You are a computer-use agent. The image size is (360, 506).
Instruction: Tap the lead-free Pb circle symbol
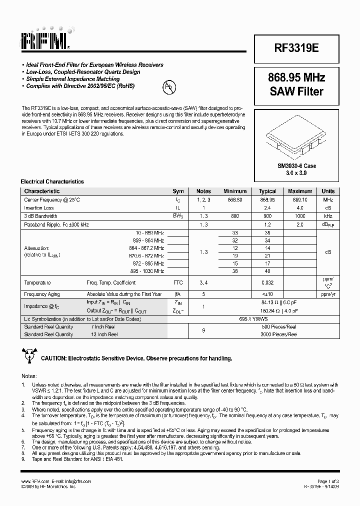point(169,88)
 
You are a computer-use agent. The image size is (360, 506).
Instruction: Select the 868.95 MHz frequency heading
point(296,78)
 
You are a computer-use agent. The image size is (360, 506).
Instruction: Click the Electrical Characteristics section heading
point(52,181)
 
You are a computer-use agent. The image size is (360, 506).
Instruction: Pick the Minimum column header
point(235,191)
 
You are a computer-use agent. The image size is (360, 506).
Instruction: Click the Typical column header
point(267,191)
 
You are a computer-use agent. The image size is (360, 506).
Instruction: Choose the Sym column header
point(178,191)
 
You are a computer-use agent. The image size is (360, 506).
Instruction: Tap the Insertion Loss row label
point(39,208)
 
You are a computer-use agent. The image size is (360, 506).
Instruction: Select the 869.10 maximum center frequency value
point(300,199)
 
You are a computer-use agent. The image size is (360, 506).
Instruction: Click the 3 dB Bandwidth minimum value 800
point(235,216)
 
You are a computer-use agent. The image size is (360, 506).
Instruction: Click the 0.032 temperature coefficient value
point(267,282)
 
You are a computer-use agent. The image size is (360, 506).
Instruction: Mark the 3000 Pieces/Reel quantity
point(279,334)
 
